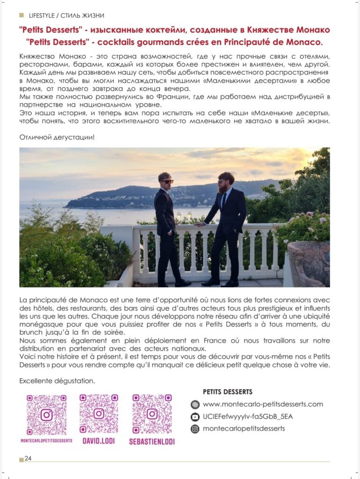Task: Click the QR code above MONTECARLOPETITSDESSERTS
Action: pos(46,414)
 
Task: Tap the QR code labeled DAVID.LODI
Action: pos(98,414)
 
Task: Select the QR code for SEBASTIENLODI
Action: pos(152,414)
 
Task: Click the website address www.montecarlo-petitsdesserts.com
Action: pos(263,404)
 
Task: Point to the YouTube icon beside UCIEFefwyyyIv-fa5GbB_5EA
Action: pos(195,416)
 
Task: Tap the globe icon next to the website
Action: pos(195,404)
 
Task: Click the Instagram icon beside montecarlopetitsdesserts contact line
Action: pos(195,428)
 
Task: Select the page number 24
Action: pos(28,458)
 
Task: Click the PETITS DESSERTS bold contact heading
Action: pos(228,392)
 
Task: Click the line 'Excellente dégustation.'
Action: pos(57,381)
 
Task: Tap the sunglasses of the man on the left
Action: pos(166,181)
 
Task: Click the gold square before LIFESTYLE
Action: pos(22,16)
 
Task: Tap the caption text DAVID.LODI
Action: pos(98,441)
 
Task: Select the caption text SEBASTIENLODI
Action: pos(152,441)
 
